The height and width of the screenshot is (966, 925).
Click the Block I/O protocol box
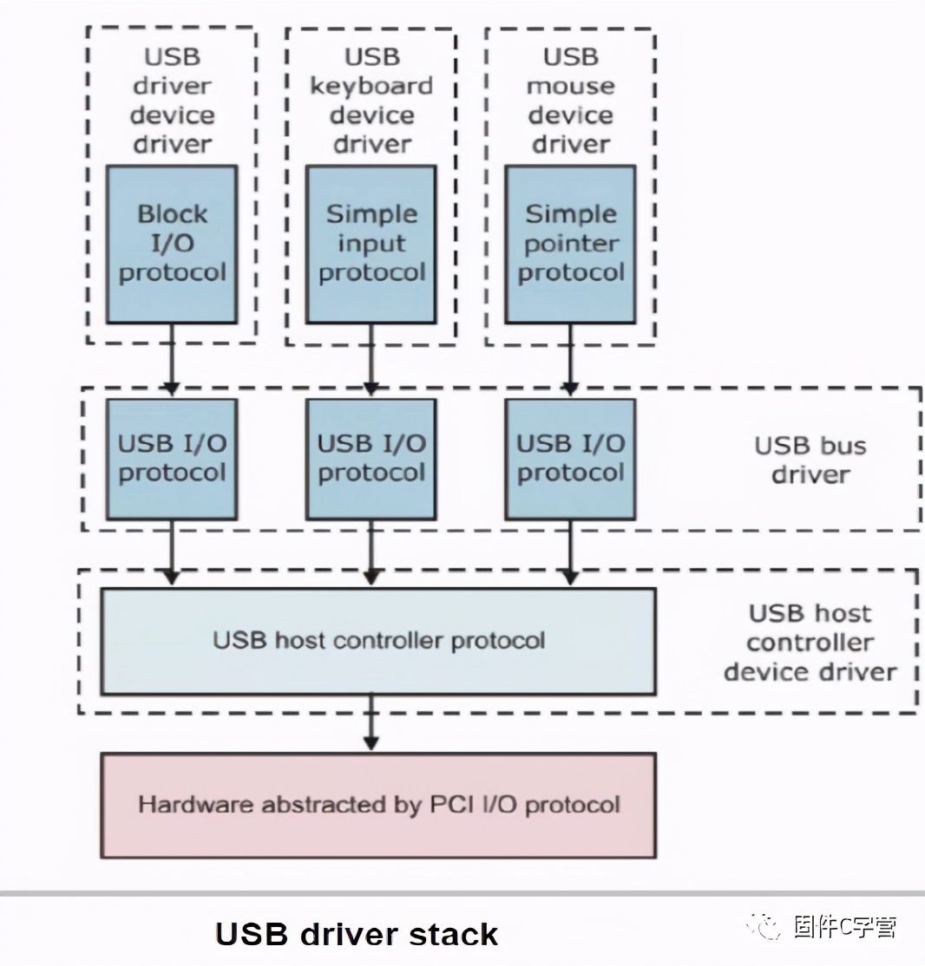(172, 244)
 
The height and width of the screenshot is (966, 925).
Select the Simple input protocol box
(371, 244)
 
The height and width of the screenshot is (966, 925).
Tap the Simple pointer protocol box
(570, 244)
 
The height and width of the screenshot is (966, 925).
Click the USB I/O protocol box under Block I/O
(172, 459)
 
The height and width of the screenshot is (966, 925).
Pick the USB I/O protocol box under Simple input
(371, 459)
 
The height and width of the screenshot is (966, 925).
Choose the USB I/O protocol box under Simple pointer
(570, 459)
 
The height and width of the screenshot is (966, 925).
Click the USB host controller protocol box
(377, 641)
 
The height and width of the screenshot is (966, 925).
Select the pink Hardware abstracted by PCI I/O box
(377, 805)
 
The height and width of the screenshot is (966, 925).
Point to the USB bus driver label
(810, 460)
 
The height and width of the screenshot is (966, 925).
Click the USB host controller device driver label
(810, 643)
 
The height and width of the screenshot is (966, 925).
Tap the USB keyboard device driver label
(371, 101)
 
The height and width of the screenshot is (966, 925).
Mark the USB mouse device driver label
(570, 101)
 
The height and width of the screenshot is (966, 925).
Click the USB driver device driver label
(172, 101)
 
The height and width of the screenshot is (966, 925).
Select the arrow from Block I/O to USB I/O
(172, 360)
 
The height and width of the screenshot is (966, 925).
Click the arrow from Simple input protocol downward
(371, 360)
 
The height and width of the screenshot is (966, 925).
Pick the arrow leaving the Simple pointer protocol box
(570, 360)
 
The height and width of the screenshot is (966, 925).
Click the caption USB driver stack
(356, 934)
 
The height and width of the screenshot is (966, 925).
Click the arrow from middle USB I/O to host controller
(371, 552)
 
